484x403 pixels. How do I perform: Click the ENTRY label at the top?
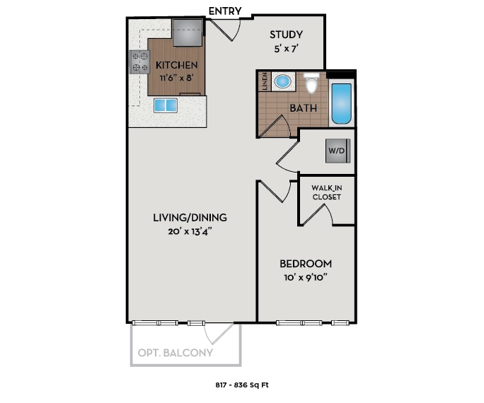(x=226, y=11)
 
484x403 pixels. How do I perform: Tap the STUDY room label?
(x=287, y=35)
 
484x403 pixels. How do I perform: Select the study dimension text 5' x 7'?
(x=287, y=49)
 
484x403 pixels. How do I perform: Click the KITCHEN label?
(x=176, y=66)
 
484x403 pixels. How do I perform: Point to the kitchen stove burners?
(x=139, y=62)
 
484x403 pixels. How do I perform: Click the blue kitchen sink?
(x=165, y=106)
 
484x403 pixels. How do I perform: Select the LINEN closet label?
(x=265, y=81)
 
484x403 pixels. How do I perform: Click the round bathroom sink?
(x=282, y=81)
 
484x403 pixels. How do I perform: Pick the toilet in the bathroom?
(x=311, y=83)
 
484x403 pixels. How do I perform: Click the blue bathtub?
(x=341, y=105)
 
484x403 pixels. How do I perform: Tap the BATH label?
(x=303, y=108)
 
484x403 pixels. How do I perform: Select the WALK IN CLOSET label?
(x=326, y=192)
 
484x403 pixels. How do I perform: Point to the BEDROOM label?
(x=305, y=264)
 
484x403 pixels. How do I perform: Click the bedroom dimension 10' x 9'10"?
(x=305, y=278)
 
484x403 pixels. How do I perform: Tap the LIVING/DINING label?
(x=190, y=217)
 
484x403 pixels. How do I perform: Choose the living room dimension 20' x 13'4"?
(x=190, y=232)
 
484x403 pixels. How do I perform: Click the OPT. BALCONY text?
(x=175, y=353)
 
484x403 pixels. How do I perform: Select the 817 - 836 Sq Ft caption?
(x=242, y=385)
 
